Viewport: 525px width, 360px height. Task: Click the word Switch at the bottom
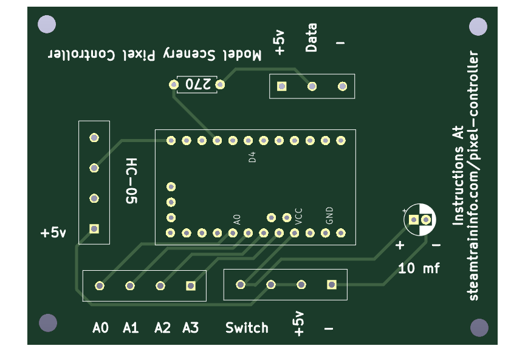coord(247,328)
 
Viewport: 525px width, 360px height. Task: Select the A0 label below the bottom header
coord(100,328)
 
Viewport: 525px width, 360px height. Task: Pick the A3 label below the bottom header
coord(190,328)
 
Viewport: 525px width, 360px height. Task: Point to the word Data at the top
coord(311,38)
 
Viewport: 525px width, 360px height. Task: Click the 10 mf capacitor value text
coord(419,268)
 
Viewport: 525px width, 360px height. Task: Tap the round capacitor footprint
coord(420,219)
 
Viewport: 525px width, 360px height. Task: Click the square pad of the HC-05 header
coord(94,229)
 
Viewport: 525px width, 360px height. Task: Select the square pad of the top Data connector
coord(281,86)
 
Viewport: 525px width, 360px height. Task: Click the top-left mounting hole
coord(47,25)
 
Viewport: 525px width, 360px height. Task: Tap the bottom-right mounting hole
coord(479,328)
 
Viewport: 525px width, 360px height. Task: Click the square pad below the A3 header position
coord(191,285)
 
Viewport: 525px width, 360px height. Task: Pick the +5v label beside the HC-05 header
coord(53,233)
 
